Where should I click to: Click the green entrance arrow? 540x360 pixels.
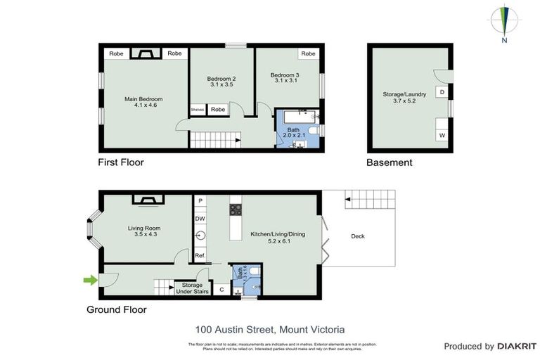(90, 281)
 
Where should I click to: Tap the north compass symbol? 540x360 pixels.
(504, 21)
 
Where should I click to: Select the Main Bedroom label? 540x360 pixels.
(144, 103)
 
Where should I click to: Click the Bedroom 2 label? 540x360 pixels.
(221, 81)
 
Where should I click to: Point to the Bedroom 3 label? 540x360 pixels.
(286, 77)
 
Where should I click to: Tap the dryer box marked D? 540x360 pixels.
(442, 92)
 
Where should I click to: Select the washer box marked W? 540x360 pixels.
(442, 135)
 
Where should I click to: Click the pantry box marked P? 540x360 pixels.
(200, 201)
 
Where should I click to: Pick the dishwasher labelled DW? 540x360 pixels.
(200, 219)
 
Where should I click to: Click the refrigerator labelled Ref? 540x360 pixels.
(200, 255)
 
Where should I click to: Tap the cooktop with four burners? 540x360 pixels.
(235, 209)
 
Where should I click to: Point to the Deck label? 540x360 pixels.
(359, 236)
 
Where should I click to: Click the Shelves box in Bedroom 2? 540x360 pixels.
(198, 110)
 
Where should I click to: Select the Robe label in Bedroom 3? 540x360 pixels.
(307, 54)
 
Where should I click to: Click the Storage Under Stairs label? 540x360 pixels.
(188, 288)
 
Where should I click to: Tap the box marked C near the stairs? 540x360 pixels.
(221, 289)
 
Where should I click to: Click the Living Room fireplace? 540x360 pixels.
(149, 200)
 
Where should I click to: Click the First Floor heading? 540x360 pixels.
(120, 162)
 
